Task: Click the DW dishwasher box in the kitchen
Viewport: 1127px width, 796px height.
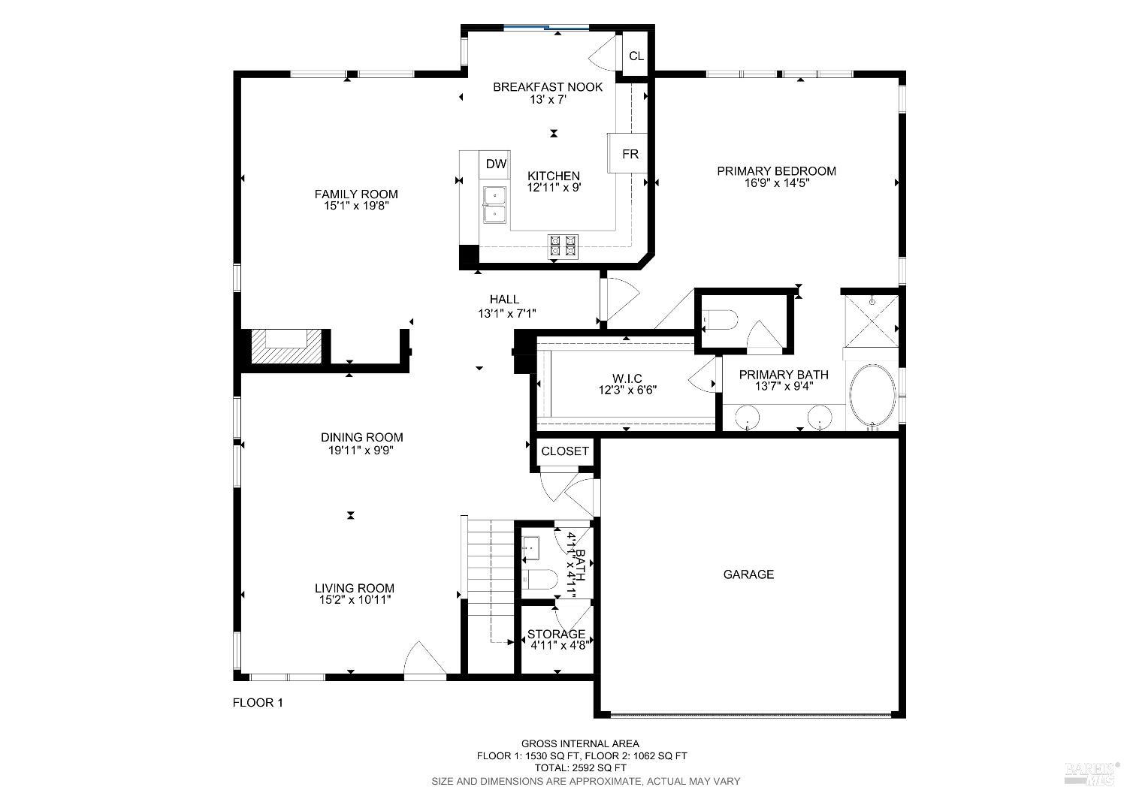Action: tap(495, 164)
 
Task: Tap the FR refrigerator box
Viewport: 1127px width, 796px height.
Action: tap(630, 154)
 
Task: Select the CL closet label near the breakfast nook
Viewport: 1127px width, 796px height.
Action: tap(636, 56)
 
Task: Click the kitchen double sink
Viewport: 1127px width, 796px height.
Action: tap(494, 204)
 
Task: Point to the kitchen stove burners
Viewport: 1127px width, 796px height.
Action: tap(563, 246)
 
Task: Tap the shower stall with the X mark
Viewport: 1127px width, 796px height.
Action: tap(872, 318)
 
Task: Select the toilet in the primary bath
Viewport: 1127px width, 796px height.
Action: tap(721, 320)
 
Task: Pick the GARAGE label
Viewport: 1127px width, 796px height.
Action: tap(748, 574)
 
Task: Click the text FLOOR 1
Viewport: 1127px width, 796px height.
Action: tap(258, 703)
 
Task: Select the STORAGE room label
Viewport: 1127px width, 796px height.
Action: tap(556, 635)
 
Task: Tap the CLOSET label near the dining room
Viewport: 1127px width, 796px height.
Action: tap(565, 451)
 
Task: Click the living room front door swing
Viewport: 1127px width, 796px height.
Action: tap(424, 661)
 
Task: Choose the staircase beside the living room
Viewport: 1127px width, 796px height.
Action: tap(489, 578)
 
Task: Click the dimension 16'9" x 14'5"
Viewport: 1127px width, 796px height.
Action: tap(776, 182)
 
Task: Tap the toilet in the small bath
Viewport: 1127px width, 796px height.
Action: tap(539, 579)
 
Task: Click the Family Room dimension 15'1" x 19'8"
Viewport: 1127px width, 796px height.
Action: tap(356, 205)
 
